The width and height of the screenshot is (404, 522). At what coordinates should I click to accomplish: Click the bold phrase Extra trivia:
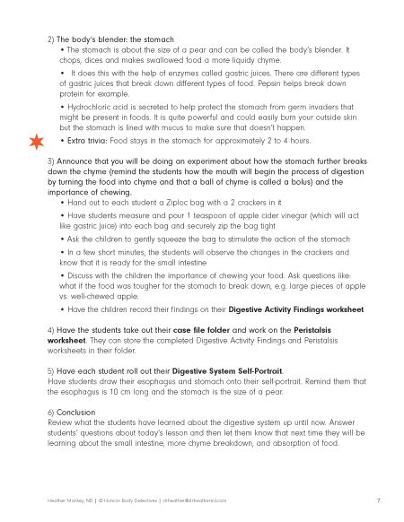(x=85, y=141)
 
